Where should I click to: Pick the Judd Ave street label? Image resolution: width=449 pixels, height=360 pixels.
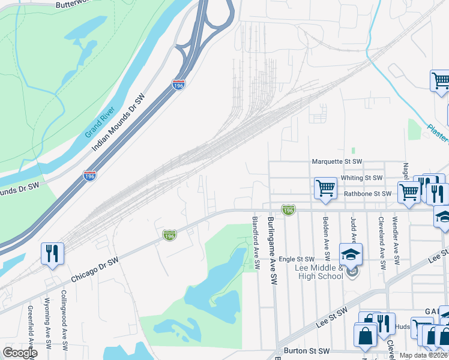coord(354,229)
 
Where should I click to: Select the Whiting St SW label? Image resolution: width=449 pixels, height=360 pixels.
coord(361,178)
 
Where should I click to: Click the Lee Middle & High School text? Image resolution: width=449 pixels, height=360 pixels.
coord(320,272)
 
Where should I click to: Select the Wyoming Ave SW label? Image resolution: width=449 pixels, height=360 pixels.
coord(47,325)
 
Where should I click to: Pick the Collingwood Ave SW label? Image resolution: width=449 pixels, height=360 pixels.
coord(64,321)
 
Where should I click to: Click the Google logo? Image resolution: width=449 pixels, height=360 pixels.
coord(20,353)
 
